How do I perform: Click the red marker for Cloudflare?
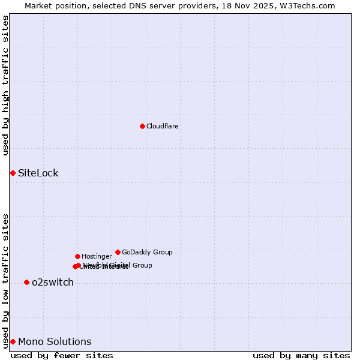point(142,126)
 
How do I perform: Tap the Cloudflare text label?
point(162,127)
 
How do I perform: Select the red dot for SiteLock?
point(13,173)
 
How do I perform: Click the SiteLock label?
point(38,173)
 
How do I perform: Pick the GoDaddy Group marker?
point(118,252)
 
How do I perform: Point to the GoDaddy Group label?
point(147,253)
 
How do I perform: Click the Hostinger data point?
point(77,256)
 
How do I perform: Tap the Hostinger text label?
point(97,257)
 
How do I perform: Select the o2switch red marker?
point(26,282)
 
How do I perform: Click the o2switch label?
point(53,283)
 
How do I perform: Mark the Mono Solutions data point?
point(13,341)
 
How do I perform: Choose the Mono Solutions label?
point(55,342)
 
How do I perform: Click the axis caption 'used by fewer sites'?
point(62,355)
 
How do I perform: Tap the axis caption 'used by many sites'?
point(301,355)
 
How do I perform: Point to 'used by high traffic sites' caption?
point(6,85)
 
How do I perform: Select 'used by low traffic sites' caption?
point(6,280)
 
